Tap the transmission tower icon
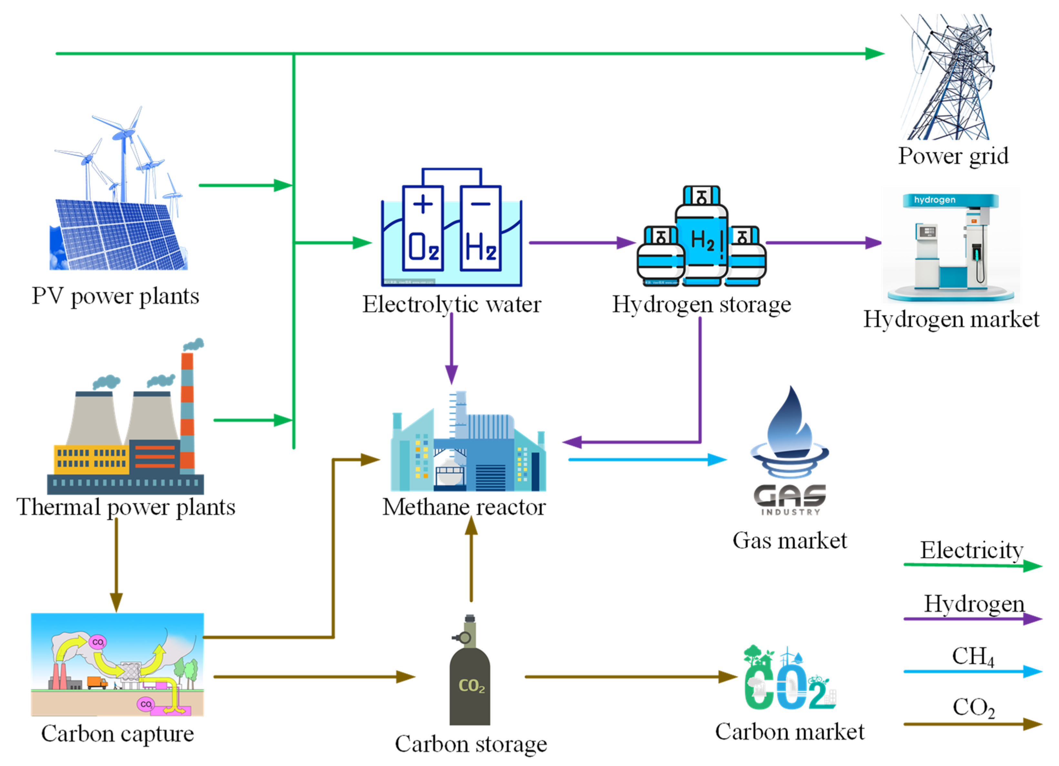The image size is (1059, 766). tap(948, 77)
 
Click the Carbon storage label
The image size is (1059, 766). tap(471, 744)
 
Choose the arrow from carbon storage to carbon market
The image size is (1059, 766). tap(630, 677)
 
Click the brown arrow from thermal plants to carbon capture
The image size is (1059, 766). tap(116, 565)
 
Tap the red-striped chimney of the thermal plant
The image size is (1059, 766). tap(187, 411)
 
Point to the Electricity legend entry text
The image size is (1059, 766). tap(971, 550)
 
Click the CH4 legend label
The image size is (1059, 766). tap(972, 656)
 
